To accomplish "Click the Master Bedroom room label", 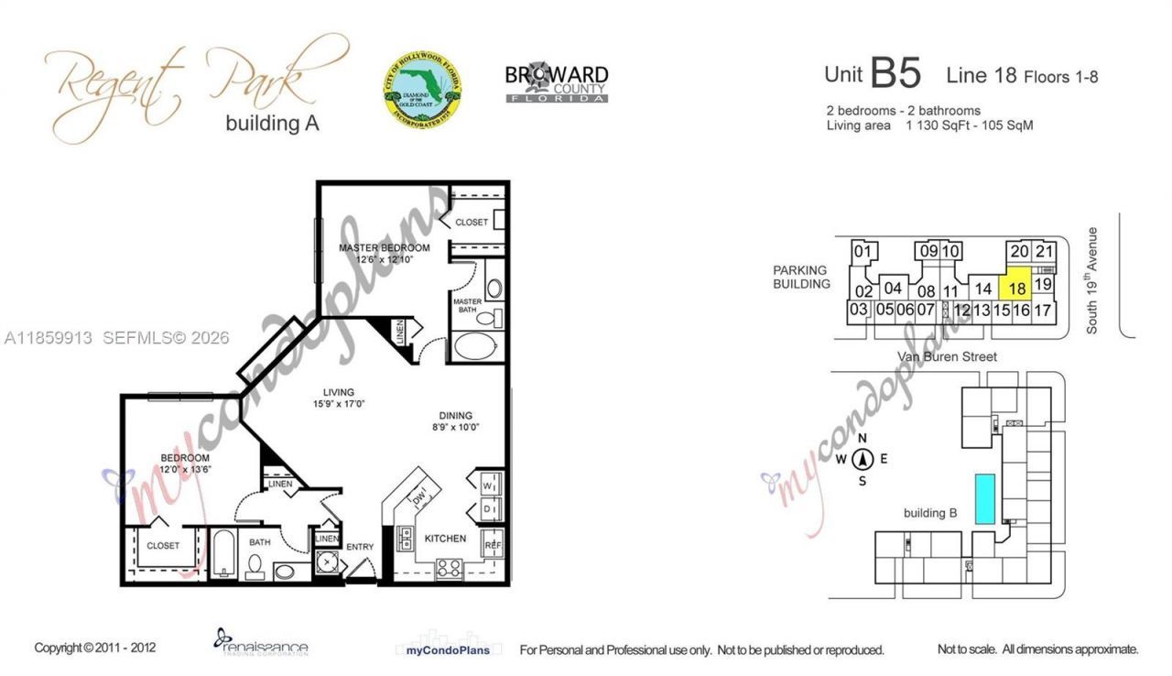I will point(384,248).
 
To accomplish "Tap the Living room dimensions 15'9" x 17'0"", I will point(338,405).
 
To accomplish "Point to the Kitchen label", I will point(445,539).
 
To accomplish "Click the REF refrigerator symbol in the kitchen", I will point(493,543).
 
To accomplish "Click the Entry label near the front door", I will point(360,547).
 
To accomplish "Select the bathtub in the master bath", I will point(472,348).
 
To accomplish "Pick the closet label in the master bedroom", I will point(472,223).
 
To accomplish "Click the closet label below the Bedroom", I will point(163,546).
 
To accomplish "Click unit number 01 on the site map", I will point(862,251).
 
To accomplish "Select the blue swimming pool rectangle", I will point(985,499).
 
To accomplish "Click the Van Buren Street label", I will point(948,356).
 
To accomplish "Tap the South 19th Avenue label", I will point(1091,280).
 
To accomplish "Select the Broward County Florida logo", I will point(557,82).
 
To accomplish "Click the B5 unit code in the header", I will point(895,74).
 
